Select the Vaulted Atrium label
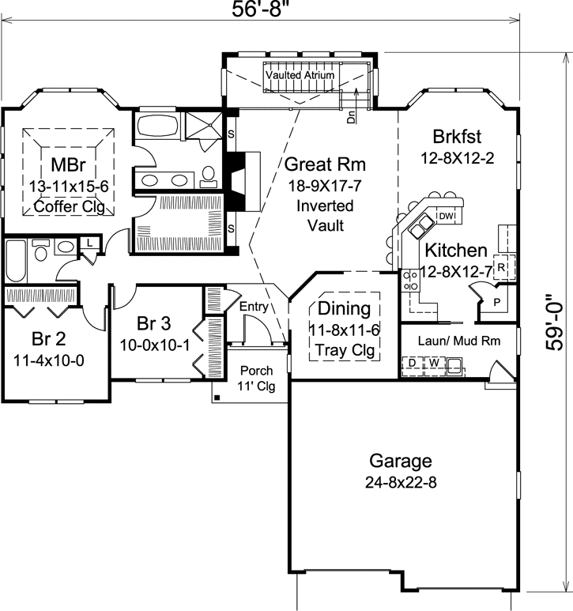[x=300, y=74]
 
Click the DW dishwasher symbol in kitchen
[x=447, y=216]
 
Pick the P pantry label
[x=497, y=303]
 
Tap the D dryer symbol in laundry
[x=413, y=364]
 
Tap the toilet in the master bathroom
[x=209, y=175]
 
